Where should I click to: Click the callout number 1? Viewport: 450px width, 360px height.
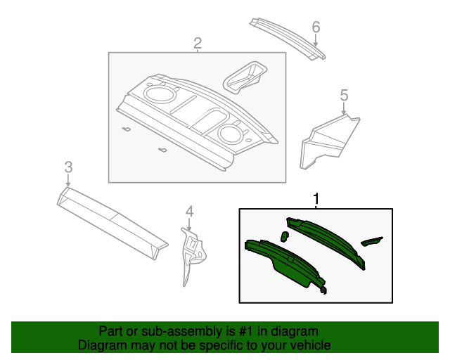[316, 199]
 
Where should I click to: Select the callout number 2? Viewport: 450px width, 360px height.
[198, 44]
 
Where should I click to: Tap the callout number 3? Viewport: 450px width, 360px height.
[68, 167]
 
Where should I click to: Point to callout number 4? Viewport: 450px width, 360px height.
[188, 211]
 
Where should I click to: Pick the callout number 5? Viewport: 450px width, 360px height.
[344, 95]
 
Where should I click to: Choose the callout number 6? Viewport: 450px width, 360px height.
[316, 27]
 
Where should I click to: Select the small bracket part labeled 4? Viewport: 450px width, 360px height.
[191, 253]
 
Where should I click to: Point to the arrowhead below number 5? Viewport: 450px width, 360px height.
[344, 112]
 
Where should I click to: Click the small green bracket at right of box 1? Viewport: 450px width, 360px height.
[372, 241]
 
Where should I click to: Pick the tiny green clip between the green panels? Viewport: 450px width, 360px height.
[284, 236]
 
